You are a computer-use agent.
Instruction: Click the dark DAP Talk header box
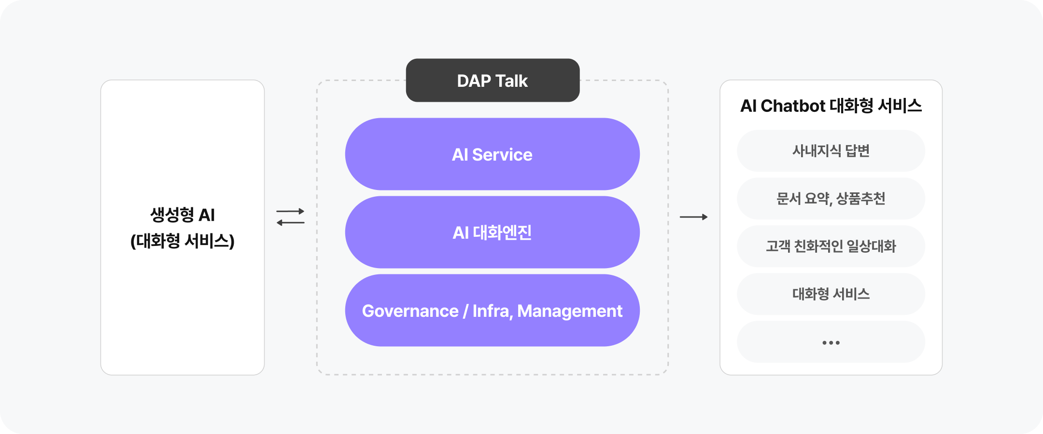(x=493, y=81)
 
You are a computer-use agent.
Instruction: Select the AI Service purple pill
(x=492, y=154)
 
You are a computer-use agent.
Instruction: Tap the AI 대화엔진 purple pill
(x=492, y=232)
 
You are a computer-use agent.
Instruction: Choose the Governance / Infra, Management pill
(x=492, y=311)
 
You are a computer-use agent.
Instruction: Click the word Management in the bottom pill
(x=570, y=312)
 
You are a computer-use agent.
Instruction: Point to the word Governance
(x=410, y=311)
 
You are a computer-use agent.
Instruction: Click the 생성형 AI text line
(x=183, y=215)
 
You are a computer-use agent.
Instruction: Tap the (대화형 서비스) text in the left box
(x=183, y=241)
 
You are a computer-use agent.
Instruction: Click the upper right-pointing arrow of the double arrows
(x=290, y=211)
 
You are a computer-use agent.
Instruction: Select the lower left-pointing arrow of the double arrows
(x=290, y=222)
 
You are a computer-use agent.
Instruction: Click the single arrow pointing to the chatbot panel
(x=693, y=217)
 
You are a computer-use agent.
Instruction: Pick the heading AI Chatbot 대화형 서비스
(x=831, y=106)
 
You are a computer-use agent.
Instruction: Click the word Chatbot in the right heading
(x=793, y=106)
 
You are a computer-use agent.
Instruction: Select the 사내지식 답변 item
(x=831, y=151)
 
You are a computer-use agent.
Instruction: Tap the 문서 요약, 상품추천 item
(x=831, y=199)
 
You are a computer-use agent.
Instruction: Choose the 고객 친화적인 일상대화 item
(x=831, y=246)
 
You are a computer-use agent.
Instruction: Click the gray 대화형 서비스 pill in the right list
(x=831, y=294)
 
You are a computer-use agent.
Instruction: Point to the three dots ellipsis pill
(x=831, y=342)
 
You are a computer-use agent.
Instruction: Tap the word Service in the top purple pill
(x=502, y=155)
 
